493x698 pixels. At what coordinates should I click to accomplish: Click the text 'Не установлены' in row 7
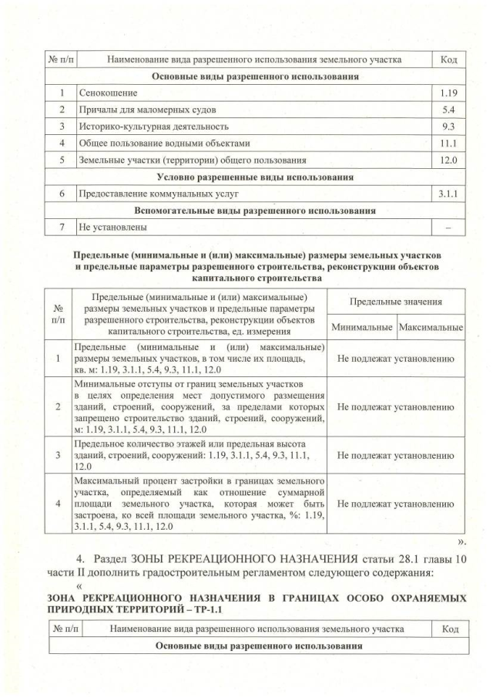[x=112, y=228]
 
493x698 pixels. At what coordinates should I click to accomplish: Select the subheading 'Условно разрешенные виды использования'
[x=254, y=177]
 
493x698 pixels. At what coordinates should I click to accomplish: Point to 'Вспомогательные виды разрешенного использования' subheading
[x=254, y=211]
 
